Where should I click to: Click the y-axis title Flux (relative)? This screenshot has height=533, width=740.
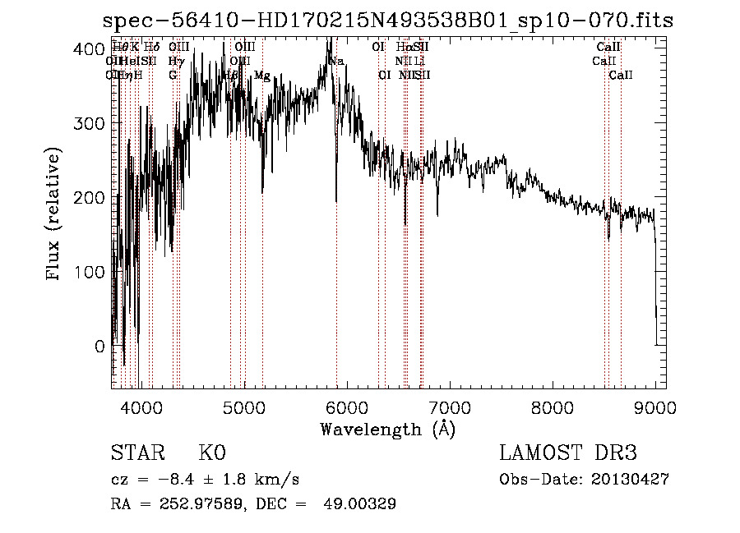tap(54, 214)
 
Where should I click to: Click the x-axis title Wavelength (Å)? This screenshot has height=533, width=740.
tap(387, 429)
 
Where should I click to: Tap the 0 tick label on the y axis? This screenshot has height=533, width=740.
tap(99, 347)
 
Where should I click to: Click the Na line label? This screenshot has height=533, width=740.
tap(335, 62)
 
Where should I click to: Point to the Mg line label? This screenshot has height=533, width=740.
tap(261, 76)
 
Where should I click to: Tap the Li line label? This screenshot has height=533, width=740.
tap(419, 62)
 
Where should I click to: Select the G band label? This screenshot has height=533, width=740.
tap(173, 76)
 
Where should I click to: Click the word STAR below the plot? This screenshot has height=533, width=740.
tap(136, 453)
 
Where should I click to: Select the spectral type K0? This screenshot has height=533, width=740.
tap(212, 453)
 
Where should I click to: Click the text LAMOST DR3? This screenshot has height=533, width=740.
tap(568, 453)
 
